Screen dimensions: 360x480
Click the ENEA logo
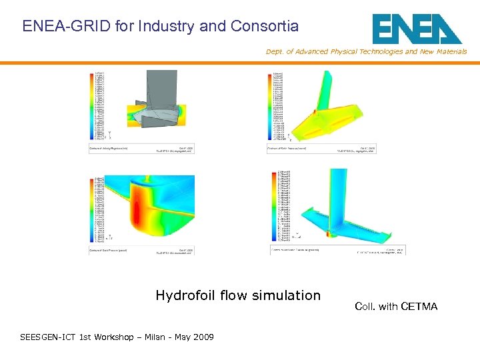pyautogui.click(x=417, y=29)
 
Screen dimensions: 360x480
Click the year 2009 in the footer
pyautogui.click(x=202, y=337)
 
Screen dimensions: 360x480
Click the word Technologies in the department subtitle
pyautogui.click(x=380, y=51)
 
